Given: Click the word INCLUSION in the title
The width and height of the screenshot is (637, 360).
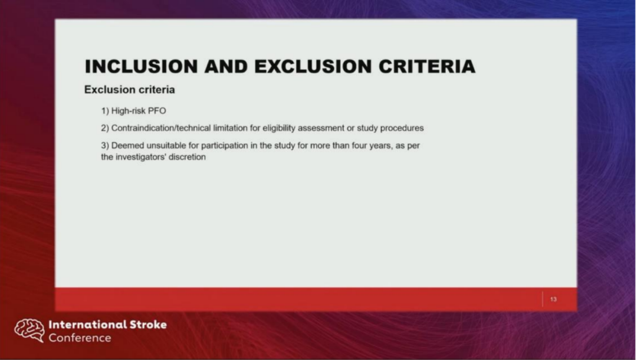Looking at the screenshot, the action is coord(141,67).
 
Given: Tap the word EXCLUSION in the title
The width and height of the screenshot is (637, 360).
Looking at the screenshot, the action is coord(313,67).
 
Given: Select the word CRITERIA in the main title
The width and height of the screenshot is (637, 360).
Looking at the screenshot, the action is coord(427,67).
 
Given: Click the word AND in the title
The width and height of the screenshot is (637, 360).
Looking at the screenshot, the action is coord(226,67).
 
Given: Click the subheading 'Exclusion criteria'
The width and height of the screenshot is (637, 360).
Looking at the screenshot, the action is coord(130,90).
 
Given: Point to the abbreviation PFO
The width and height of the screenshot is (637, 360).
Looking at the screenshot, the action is coord(157,111).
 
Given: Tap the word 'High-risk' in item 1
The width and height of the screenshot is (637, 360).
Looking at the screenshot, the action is coord(128,111).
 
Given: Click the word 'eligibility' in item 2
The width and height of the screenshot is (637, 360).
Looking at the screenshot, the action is coord(278,129).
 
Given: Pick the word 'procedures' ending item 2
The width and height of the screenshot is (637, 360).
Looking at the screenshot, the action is coord(402,129).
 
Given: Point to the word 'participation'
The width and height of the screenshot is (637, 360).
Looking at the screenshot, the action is coord(224,146).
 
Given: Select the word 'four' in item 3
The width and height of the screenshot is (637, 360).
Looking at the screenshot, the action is coord(359,145).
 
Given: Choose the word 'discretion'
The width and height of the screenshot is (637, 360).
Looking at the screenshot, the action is coord(188,157).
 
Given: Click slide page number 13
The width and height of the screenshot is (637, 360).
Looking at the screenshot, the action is coord(553,299).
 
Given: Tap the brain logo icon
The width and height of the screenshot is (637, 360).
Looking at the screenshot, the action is coord(29,330).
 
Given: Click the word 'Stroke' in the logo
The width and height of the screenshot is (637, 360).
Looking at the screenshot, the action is coord(148,324).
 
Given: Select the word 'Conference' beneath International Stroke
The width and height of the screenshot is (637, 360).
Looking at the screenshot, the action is coord(80,338).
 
